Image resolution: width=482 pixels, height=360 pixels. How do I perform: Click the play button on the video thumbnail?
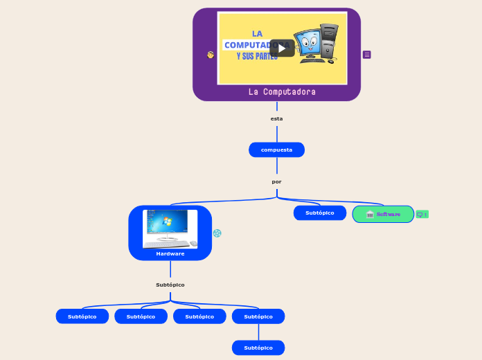click(282, 48)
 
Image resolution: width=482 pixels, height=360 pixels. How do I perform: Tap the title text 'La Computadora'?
click(282, 91)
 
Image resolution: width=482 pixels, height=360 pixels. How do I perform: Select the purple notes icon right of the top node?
click(367, 55)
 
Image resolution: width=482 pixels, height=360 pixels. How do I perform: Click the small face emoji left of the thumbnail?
click(211, 55)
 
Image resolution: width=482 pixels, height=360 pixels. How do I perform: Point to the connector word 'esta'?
click(276, 118)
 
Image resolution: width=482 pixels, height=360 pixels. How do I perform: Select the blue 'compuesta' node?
click(276, 150)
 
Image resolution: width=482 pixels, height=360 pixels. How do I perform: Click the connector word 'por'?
click(276, 181)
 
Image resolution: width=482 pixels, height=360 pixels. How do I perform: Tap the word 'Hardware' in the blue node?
click(170, 253)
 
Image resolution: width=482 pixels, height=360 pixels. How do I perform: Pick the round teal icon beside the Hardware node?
click(217, 233)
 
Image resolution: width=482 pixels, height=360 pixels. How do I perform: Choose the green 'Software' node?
click(383, 214)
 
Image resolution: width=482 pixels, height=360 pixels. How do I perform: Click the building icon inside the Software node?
click(370, 215)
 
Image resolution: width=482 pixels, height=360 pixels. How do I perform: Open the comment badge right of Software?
click(422, 215)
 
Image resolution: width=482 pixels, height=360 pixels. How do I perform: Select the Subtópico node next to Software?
click(319, 213)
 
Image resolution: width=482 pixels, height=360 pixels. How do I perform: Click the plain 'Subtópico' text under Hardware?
click(170, 285)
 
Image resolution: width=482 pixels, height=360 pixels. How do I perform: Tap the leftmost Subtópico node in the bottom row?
click(82, 316)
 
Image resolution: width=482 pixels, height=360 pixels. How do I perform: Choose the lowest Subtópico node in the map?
click(258, 348)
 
